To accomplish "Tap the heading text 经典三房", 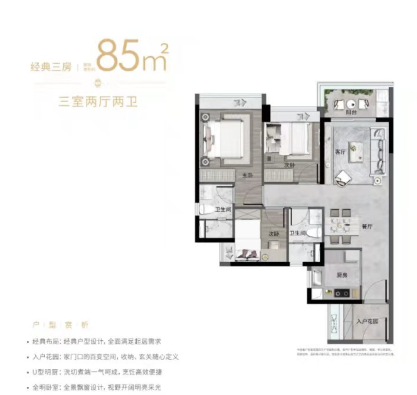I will pos(51,67).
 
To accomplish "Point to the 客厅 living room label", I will pos(340,152).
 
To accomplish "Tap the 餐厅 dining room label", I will pos(366,227).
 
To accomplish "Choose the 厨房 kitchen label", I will pos(342,275).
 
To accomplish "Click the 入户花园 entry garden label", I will pos(367,321).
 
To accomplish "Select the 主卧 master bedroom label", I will pos(247,175).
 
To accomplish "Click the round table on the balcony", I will pos(351,104).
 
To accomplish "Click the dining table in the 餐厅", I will pos(341,226).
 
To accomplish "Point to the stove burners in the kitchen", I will pos(342,293).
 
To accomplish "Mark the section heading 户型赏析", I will pos(60,325).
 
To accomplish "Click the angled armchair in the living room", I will pos(342,178).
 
